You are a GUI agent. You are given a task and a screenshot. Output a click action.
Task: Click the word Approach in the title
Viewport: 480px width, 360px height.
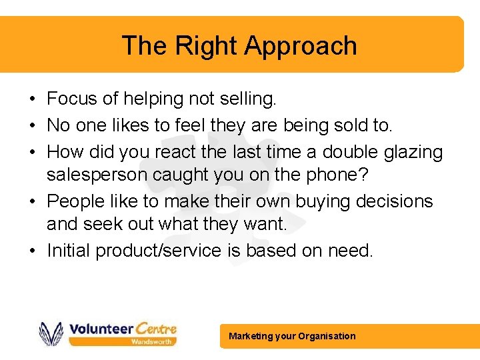click(x=301, y=46)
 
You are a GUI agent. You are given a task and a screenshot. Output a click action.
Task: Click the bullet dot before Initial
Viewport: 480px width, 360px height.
click(x=32, y=251)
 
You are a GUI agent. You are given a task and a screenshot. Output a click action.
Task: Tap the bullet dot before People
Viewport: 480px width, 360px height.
click(x=32, y=201)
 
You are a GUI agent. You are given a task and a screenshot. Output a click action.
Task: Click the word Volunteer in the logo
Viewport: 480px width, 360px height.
click(x=99, y=329)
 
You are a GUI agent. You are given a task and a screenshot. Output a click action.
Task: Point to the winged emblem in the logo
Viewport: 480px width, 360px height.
click(x=51, y=333)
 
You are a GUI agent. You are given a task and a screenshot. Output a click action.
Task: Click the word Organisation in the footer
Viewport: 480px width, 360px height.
click(x=327, y=336)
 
